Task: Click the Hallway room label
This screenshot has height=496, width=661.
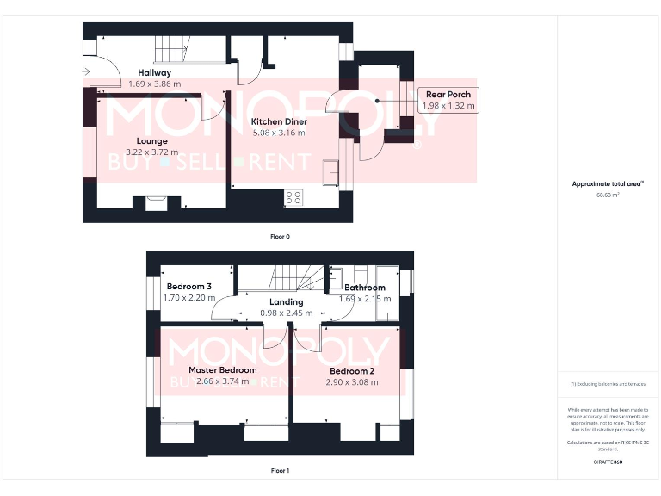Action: point(155,73)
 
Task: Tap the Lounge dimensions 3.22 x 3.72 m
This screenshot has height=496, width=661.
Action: point(151,152)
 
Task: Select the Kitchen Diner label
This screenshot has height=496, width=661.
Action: point(279,122)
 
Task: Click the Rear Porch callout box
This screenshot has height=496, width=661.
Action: point(448,99)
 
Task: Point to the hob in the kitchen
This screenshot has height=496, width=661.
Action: point(293,197)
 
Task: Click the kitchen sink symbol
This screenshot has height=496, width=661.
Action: point(330,172)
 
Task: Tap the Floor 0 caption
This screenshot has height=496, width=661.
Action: point(280,236)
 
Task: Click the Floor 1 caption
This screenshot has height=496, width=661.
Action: point(280,471)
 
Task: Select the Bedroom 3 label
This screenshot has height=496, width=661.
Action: point(188,287)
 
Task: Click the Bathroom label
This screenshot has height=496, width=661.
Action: point(365,288)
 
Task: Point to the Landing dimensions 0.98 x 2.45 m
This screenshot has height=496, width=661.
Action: point(286,313)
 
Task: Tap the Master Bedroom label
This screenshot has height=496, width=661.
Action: point(223,370)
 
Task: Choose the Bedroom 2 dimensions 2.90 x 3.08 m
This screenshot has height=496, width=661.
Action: point(353,381)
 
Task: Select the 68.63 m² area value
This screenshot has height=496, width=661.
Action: point(608,195)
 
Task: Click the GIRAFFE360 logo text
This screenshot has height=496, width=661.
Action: point(608,462)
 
